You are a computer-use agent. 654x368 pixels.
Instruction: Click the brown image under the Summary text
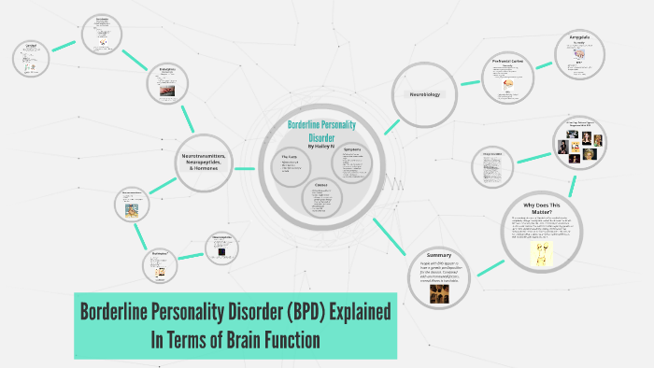(x=438, y=292)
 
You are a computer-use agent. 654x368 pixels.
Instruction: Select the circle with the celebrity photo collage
(x=579, y=140)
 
